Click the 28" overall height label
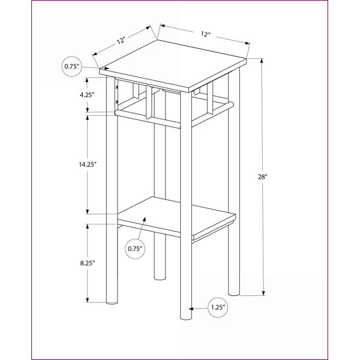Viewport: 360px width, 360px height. pyautogui.click(x=262, y=177)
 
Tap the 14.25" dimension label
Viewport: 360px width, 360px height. pyautogui.click(x=88, y=164)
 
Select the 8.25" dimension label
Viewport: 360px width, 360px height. pyautogui.click(x=88, y=263)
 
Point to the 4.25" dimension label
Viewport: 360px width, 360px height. pyautogui.click(x=87, y=95)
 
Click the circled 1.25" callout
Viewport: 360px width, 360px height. pyautogui.click(x=218, y=308)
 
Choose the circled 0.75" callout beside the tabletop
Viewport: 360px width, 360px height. pyautogui.click(x=71, y=67)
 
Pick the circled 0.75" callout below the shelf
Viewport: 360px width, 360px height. pyautogui.click(x=135, y=248)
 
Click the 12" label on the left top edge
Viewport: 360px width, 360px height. pyautogui.click(x=121, y=41)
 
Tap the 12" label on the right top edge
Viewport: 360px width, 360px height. pyautogui.click(x=205, y=34)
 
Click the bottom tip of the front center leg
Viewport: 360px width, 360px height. pyautogui.click(x=186, y=319)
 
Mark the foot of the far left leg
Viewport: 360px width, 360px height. pyautogui.click(x=112, y=303)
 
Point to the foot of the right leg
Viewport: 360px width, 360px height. pyautogui.click(x=234, y=294)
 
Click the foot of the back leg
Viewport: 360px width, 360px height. pyautogui.click(x=160, y=278)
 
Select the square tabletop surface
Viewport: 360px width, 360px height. pyautogui.click(x=173, y=64)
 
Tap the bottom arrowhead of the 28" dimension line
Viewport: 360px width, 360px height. pyautogui.click(x=263, y=293)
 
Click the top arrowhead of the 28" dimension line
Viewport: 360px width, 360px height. pyautogui.click(x=262, y=61)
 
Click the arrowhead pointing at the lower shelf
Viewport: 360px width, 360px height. pyautogui.click(x=145, y=219)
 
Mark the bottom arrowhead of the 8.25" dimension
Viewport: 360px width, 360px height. pyautogui.click(x=88, y=299)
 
